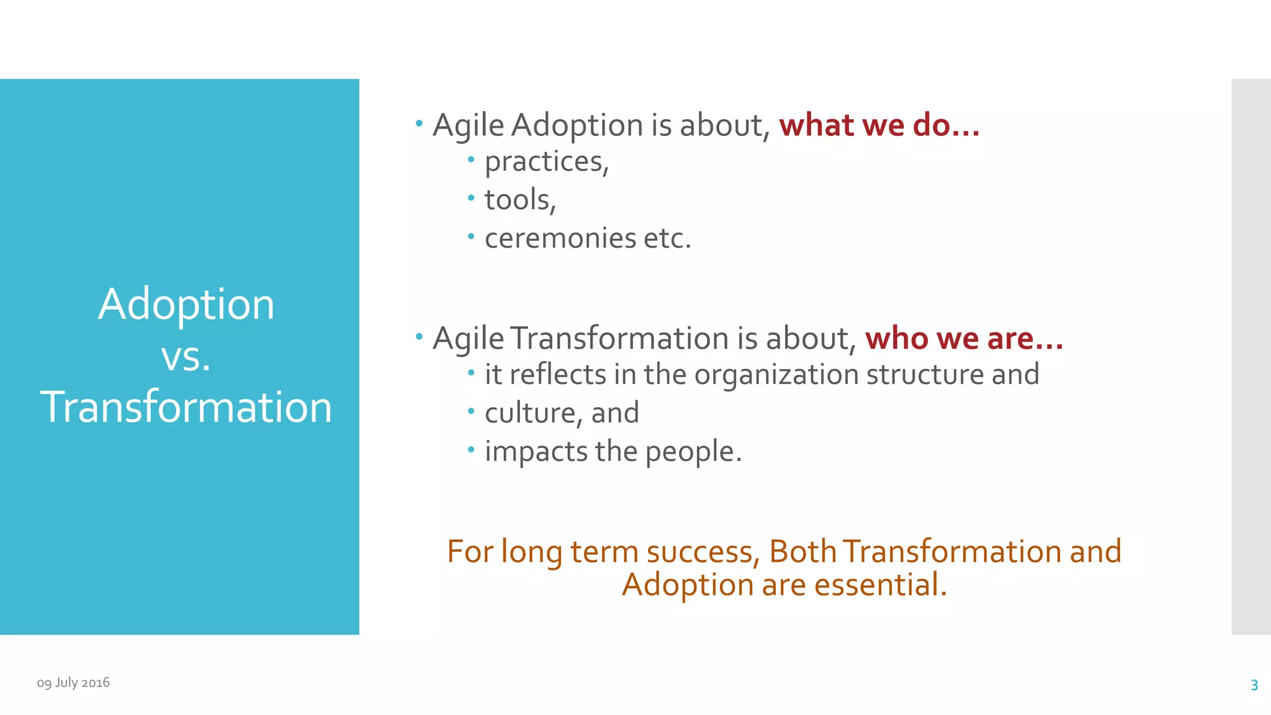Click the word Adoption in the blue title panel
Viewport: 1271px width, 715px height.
click(186, 305)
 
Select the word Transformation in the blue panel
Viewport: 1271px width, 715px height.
click(186, 408)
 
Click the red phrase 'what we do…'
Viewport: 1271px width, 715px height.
click(879, 125)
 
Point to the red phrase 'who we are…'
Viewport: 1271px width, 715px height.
click(964, 339)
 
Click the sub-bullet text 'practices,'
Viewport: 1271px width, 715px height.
click(547, 163)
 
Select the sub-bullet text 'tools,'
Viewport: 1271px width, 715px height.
click(520, 200)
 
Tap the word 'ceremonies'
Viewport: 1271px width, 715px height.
click(560, 239)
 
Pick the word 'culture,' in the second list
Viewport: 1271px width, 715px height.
click(532, 413)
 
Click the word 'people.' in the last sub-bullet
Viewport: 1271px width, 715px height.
click(693, 452)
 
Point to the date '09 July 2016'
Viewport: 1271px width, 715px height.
click(73, 683)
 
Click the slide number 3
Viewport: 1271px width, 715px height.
click(1254, 685)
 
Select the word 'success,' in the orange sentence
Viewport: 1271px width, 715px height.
click(703, 552)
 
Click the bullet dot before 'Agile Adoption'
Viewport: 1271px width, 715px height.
click(419, 124)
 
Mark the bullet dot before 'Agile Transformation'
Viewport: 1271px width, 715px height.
click(419, 337)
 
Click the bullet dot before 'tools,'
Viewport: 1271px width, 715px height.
click(471, 199)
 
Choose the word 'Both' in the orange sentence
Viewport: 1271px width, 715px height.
click(802, 552)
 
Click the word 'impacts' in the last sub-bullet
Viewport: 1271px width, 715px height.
click(536, 452)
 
